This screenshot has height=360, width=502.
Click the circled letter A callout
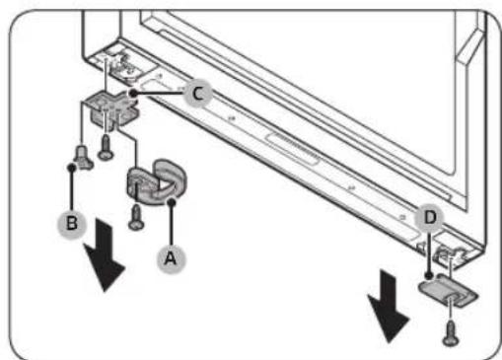pos(171,258)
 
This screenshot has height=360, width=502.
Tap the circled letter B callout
pos(72,224)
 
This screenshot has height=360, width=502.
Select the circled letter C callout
pos(197,94)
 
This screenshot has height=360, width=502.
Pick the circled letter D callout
pos(430,217)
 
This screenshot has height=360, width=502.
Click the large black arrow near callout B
pos(104,254)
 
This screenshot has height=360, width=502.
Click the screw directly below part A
pos(136,218)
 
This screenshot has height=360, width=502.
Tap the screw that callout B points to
pos(83,158)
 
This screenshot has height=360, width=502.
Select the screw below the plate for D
pos(451,333)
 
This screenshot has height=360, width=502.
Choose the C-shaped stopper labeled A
pos(157,182)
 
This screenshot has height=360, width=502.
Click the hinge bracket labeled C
pos(111,108)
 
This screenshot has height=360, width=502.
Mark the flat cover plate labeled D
pos(448,291)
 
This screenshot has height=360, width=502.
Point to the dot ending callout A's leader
pos(172,202)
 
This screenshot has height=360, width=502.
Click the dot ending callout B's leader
pos(71,168)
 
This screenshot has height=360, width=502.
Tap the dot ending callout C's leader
pos(133,94)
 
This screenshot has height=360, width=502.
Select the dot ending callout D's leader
pos(428,275)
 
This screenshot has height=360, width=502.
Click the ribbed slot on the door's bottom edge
pos(294,148)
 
